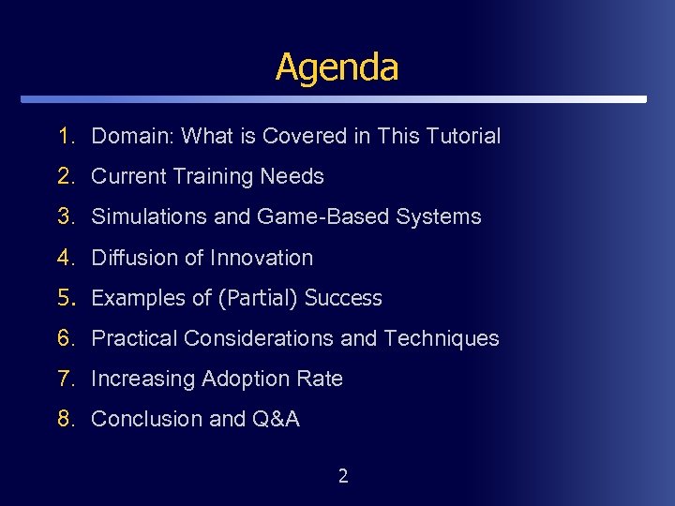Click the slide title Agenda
[337, 67]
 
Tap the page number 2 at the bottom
[343, 476]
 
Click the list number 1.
[65, 137]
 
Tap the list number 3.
[65, 217]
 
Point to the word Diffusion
[129, 258]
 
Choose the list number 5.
[65, 298]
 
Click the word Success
[345, 298]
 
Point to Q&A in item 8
[276, 419]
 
